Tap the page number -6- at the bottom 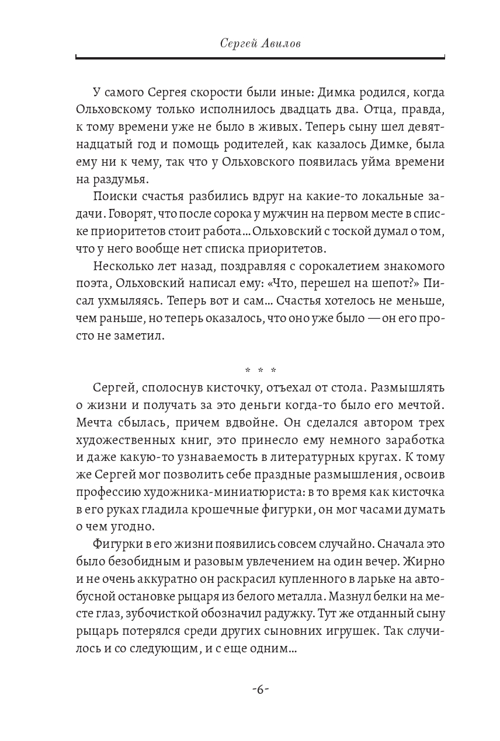coord(260,689)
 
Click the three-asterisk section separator coord(260,370)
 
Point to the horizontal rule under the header coord(260,57)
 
